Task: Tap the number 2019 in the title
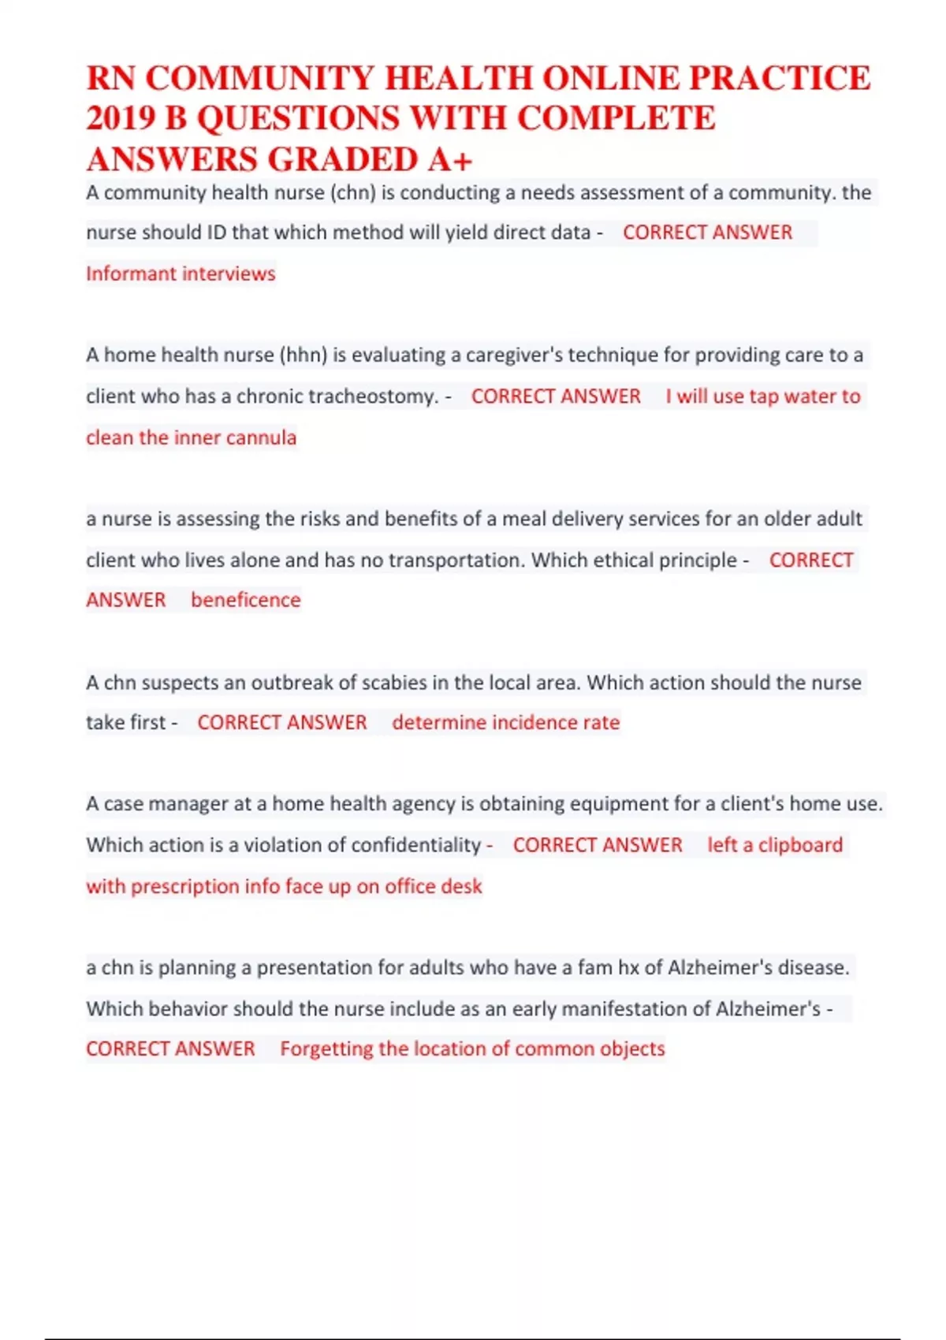point(120,118)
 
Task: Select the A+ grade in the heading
point(450,160)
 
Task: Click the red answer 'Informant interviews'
point(181,274)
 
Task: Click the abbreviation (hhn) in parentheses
point(304,355)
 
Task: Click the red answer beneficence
point(245,600)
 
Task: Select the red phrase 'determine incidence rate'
point(505,723)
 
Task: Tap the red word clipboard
point(800,845)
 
